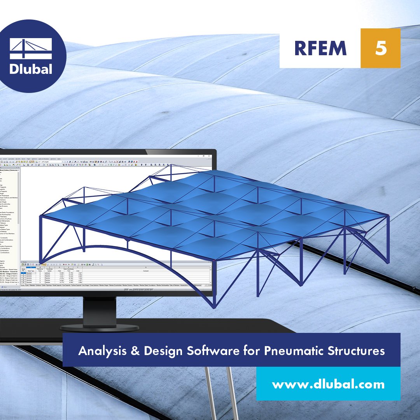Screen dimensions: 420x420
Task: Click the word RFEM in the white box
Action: click(x=320, y=48)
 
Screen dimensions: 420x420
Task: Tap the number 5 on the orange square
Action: click(x=380, y=48)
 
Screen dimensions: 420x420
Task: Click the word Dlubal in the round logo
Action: click(x=31, y=69)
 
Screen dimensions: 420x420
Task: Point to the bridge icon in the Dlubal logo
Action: click(x=31, y=49)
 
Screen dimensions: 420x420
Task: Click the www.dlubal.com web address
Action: click(x=328, y=385)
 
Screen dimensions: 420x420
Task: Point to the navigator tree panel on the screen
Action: click(x=9, y=214)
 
